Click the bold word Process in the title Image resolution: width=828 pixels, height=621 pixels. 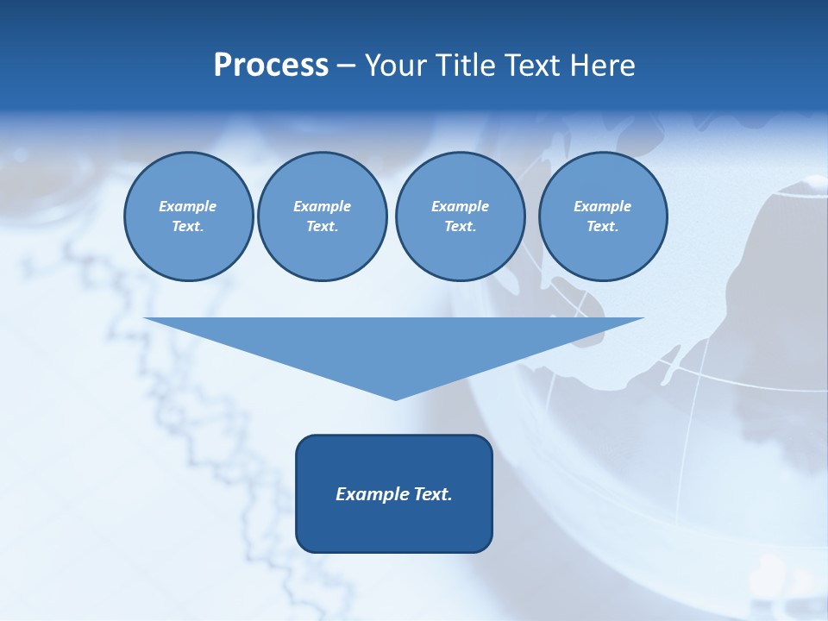(x=271, y=66)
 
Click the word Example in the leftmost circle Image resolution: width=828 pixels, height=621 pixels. (x=188, y=206)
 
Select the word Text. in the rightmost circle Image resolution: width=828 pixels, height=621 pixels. (x=603, y=227)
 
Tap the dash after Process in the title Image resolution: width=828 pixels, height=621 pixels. (x=346, y=66)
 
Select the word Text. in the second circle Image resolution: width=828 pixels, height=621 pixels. (x=322, y=227)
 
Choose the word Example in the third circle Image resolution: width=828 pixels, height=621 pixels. (x=460, y=206)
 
